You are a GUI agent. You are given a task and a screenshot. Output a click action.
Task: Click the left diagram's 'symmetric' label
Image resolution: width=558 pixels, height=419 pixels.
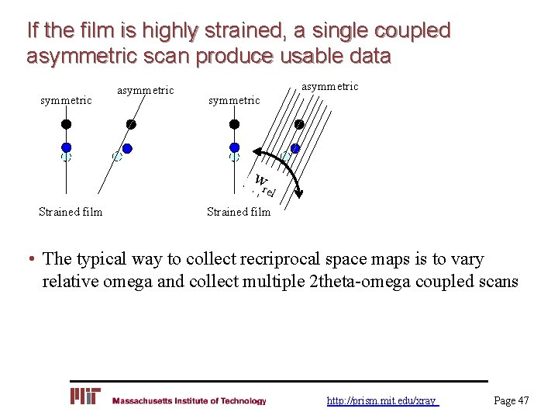[66, 100]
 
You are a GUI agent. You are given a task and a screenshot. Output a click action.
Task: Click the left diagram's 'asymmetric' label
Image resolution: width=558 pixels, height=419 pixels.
[145, 91]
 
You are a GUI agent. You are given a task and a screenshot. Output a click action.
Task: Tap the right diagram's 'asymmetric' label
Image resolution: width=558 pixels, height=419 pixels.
[329, 86]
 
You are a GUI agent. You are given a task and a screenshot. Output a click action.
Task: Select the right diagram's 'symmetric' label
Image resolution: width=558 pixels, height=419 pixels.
[234, 100]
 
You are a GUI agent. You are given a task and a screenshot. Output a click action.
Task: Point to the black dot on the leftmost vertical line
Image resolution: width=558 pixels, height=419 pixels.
[67, 124]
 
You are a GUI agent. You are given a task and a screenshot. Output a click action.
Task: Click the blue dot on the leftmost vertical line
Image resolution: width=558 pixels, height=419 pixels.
[67, 147]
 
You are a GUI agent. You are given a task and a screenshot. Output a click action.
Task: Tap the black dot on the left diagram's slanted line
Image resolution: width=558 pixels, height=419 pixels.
[131, 125]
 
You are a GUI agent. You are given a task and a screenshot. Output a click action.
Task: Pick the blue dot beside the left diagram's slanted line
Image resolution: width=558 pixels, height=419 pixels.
[127, 148]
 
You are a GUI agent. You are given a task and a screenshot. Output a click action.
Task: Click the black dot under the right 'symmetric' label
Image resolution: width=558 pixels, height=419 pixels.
[233, 124]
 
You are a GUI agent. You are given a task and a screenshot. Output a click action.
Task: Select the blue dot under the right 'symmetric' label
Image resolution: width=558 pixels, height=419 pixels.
[233, 147]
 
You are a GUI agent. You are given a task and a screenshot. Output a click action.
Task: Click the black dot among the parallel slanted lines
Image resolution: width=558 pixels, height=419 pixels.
[298, 125]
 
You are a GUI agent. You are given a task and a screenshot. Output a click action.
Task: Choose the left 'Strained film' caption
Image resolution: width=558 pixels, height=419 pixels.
[71, 212]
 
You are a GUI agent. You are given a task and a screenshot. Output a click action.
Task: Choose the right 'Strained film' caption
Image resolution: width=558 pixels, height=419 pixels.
[239, 212]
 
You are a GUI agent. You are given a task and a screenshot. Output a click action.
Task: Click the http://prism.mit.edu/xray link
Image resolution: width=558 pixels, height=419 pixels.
[382, 400]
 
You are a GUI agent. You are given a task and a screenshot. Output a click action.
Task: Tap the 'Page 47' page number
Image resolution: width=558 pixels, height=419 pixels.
[511, 400]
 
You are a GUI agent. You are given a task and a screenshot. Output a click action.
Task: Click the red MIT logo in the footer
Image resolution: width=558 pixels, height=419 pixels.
[85, 396]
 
